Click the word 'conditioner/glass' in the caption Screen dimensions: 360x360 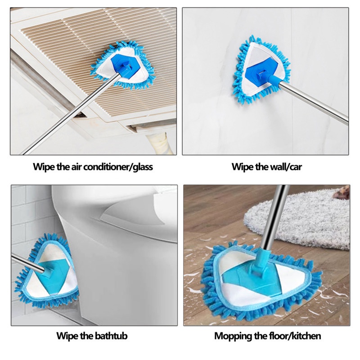118,166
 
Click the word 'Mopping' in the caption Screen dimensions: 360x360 233,336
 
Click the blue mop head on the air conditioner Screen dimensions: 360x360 123,65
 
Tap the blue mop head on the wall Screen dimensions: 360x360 261,69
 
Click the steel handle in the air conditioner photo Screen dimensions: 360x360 70,114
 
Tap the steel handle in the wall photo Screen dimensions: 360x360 314,102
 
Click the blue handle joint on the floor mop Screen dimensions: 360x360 261,261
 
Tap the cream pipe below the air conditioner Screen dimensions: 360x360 161,144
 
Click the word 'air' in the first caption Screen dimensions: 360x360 75,167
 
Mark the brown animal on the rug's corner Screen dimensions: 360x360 342,193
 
